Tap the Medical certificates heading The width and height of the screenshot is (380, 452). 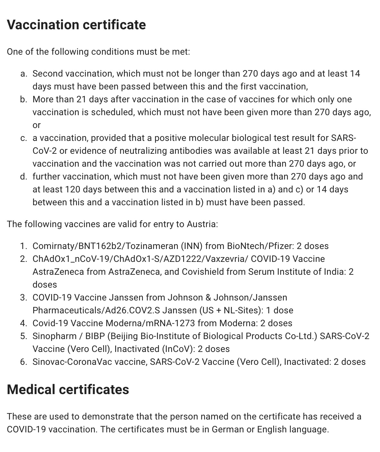pos(68,389)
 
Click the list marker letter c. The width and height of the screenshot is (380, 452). pos(23,138)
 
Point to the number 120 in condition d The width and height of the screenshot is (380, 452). pos(72,189)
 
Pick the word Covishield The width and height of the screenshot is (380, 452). pos(203,272)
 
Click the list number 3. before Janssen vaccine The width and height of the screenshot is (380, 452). pos(23,298)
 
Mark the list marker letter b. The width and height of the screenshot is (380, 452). pos(23,99)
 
